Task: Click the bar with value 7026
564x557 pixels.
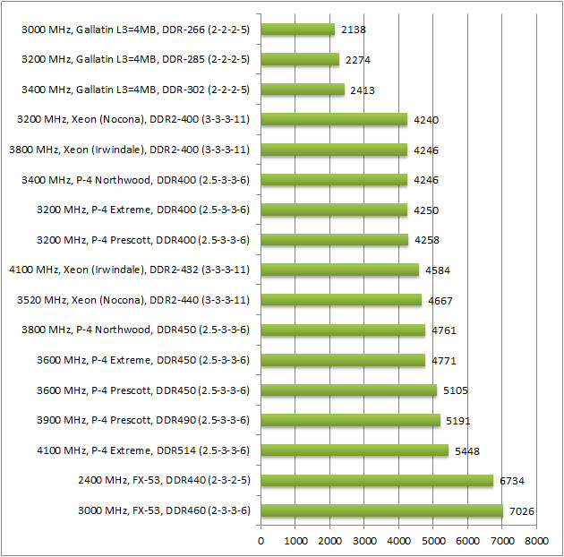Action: pyautogui.click(x=381, y=510)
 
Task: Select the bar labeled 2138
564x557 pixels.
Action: pyautogui.click(x=298, y=30)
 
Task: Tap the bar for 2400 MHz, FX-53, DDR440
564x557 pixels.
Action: pyautogui.click(x=377, y=481)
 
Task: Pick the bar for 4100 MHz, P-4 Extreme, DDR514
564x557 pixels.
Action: pyautogui.click(x=355, y=450)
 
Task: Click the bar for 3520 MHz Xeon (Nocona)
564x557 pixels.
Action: pyautogui.click(x=341, y=300)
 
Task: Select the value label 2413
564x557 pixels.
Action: pyautogui.click(x=361, y=90)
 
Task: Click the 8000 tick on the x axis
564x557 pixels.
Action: pyautogui.click(x=536, y=541)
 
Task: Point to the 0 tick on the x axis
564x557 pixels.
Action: pyautogui.click(x=261, y=541)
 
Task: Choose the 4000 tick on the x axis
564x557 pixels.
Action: pyautogui.click(x=398, y=541)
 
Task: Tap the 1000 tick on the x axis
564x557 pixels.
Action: pyautogui.click(x=295, y=541)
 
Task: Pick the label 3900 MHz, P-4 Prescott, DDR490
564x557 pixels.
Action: pyautogui.click(x=141, y=420)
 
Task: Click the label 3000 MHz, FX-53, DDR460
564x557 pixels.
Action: pyautogui.click(x=163, y=510)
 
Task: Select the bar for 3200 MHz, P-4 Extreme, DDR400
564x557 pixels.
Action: pyautogui.click(x=334, y=210)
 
